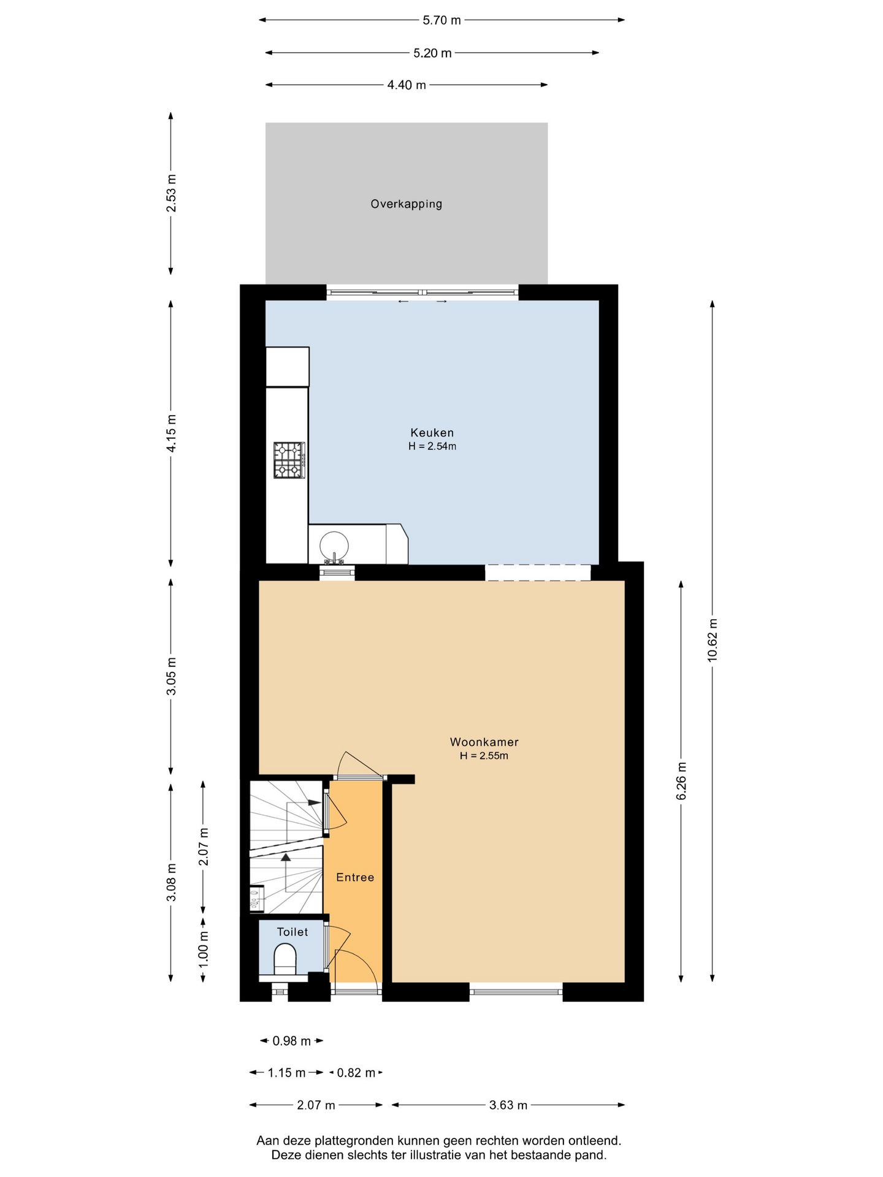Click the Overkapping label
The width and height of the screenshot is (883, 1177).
coord(406,204)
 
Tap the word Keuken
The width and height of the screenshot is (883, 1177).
coord(432,433)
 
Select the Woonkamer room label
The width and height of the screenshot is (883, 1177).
coord(484,742)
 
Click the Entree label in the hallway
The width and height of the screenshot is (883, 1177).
coord(355,877)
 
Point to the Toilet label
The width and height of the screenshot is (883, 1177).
coord(292,932)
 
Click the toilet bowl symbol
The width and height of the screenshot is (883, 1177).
coord(285,959)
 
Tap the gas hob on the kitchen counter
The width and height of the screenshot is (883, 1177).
coord(289,460)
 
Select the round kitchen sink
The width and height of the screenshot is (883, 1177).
coord(334,545)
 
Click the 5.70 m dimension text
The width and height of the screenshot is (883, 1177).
coord(442,20)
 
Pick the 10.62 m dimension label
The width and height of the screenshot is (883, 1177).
coord(712,640)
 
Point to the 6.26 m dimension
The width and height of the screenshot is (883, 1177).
coord(681,781)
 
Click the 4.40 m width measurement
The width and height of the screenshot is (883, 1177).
coord(407,85)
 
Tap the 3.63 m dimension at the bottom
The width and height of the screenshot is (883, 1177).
coord(508,1105)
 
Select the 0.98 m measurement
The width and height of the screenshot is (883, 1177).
coord(292,1041)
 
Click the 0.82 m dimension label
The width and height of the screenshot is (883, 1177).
coord(356,1073)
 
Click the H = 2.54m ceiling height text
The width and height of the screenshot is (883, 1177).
coord(432,446)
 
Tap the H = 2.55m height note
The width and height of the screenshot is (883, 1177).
coord(484,756)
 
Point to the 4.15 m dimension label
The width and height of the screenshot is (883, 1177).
coord(171,433)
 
